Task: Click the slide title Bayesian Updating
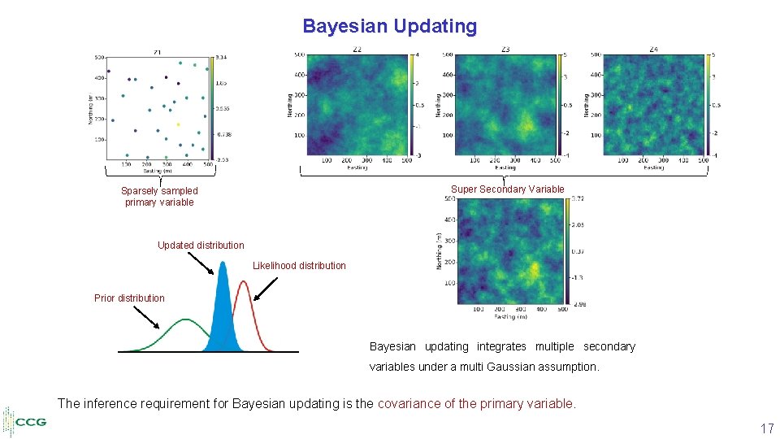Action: pyautogui.click(x=389, y=26)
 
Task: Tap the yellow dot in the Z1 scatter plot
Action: pyautogui.click(x=178, y=124)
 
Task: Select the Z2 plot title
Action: pyautogui.click(x=357, y=50)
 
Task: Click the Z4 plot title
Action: pyautogui.click(x=653, y=50)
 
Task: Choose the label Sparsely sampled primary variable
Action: pyautogui.click(x=159, y=197)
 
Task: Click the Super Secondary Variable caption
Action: pyautogui.click(x=507, y=189)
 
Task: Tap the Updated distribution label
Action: pyautogui.click(x=201, y=246)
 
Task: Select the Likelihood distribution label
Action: pyautogui.click(x=299, y=266)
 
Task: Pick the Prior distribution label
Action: pyautogui.click(x=129, y=298)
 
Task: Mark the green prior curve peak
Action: pyautogui.click(x=186, y=320)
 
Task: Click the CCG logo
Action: pyautogui.click(x=26, y=422)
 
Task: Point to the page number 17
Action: pyautogui.click(x=766, y=428)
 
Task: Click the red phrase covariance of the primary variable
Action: pyautogui.click(x=476, y=403)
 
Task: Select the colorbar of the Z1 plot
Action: pyautogui.click(x=212, y=108)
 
